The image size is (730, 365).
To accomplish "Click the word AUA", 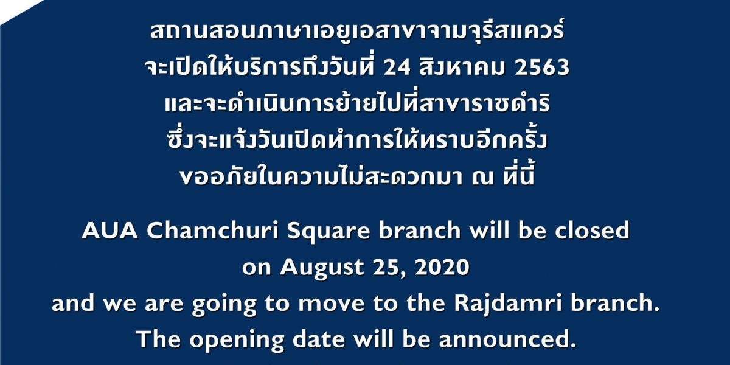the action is pyautogui.click(x=110, y=231).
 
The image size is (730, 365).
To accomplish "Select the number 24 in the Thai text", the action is pyautogui.click(x=397, y=68).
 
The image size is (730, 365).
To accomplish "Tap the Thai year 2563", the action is pyautogui.click(x=542, y=68).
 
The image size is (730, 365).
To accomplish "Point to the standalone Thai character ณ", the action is pyautogui.click(x=482, y=178).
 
